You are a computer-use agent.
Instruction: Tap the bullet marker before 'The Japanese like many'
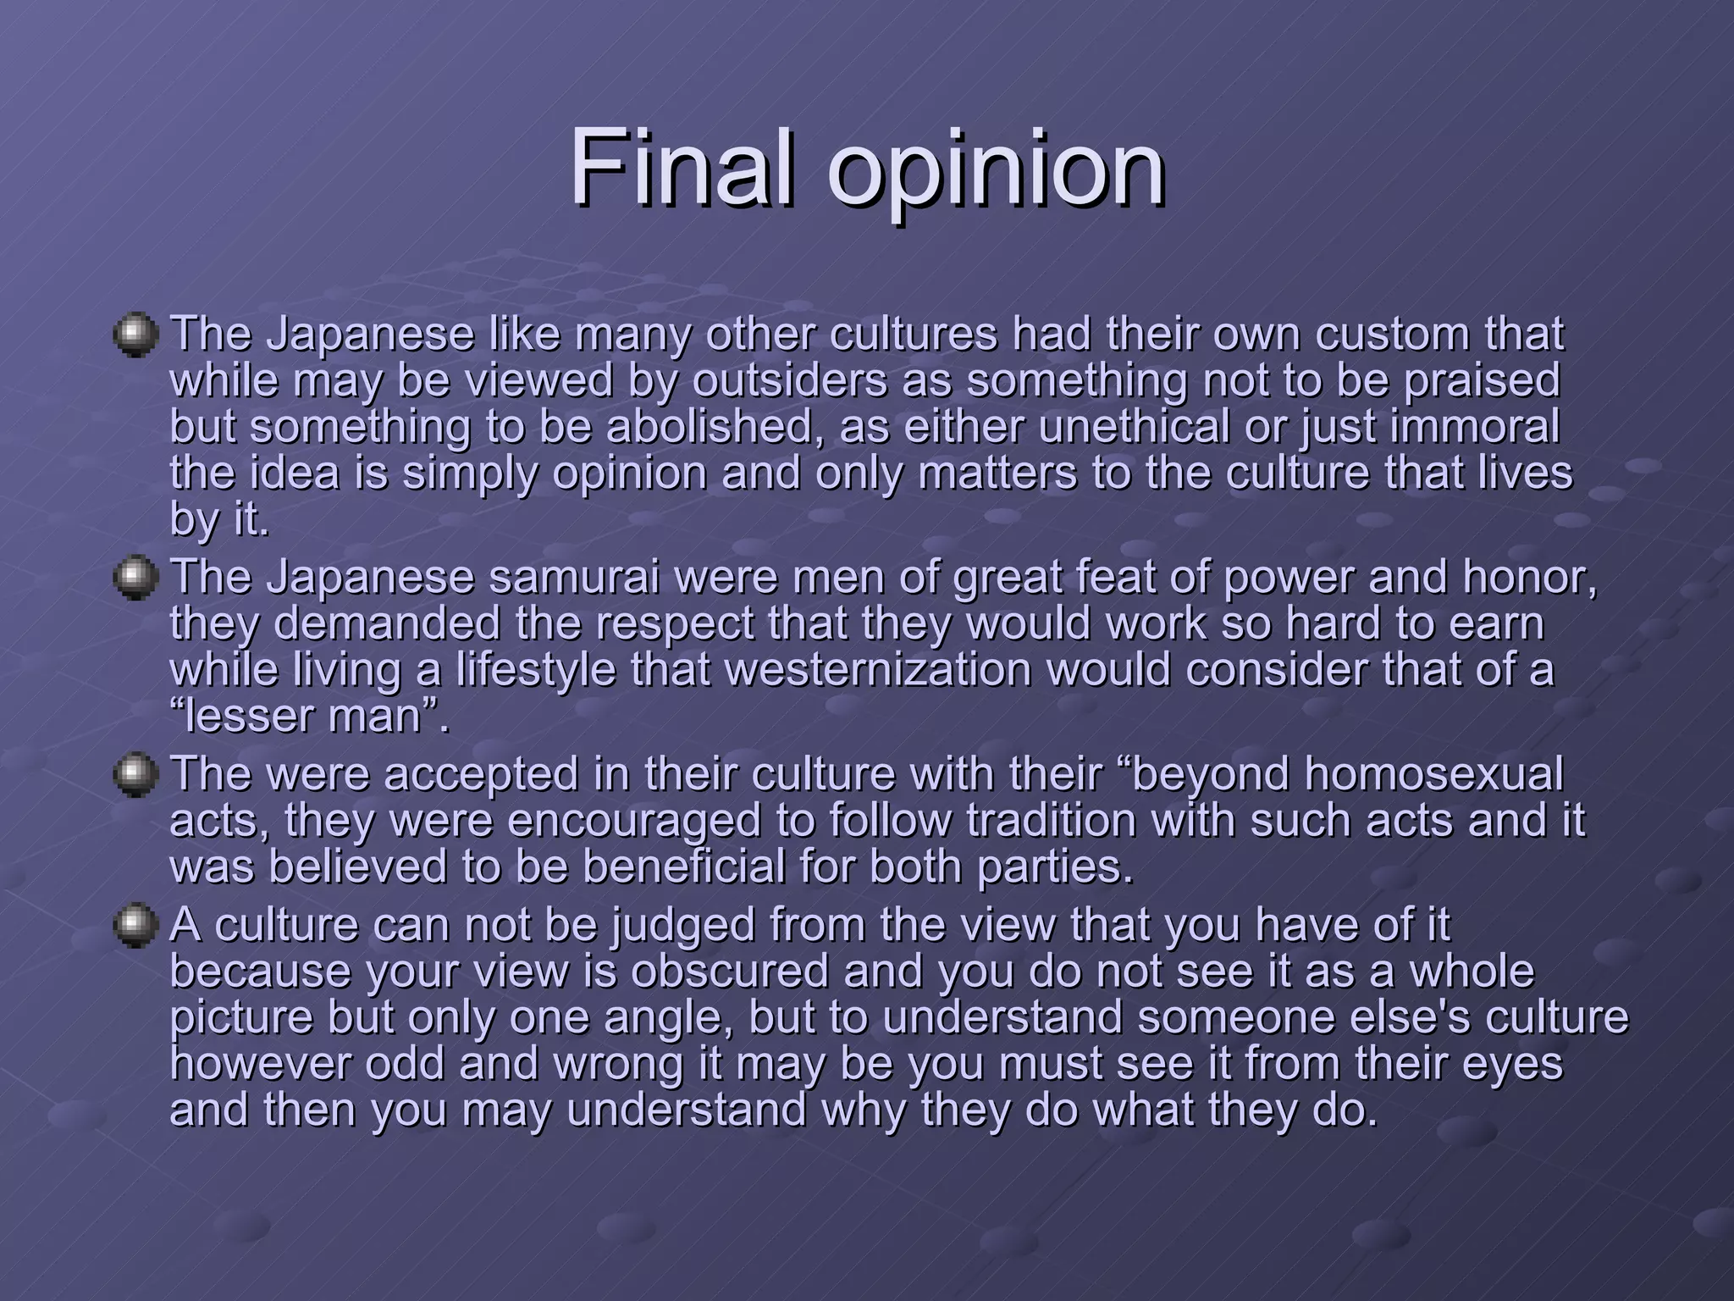[135, 335]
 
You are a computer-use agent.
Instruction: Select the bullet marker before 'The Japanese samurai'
[135, 578]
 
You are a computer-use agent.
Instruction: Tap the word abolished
[715, 427]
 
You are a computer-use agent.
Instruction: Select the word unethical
[1134, 427]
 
